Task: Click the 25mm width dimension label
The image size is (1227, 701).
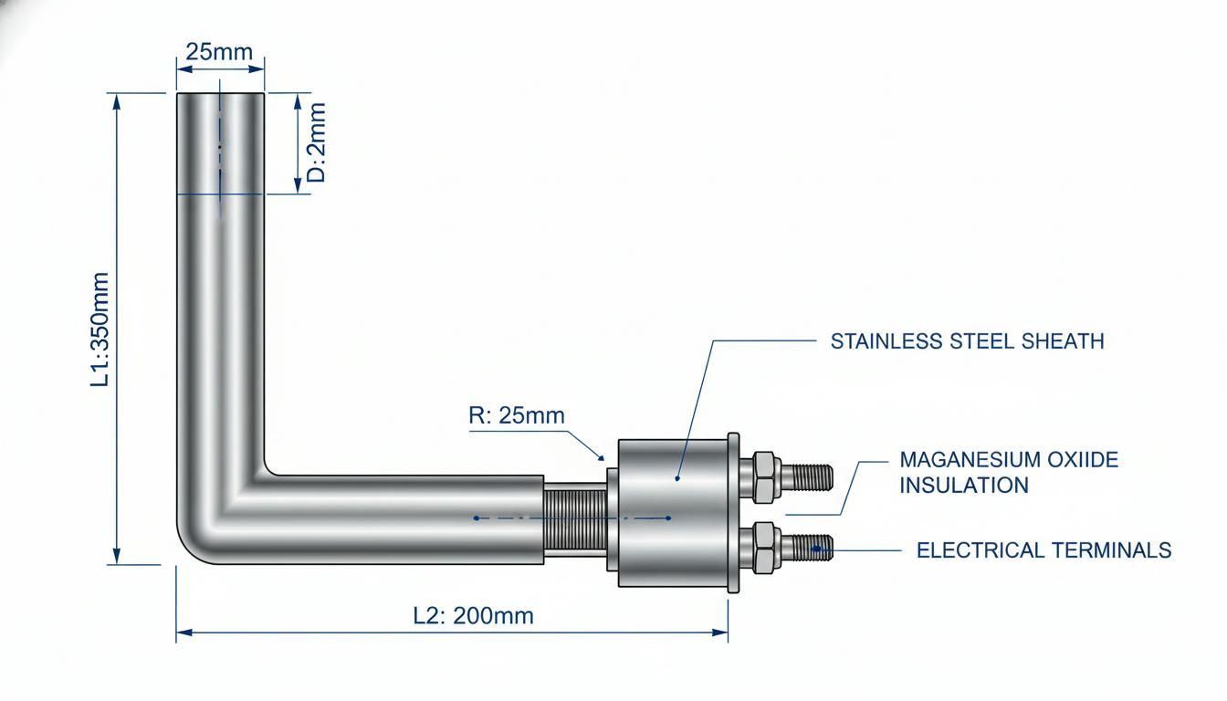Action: tap(219, 52)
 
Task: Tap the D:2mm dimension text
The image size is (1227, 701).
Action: tap(317, 142)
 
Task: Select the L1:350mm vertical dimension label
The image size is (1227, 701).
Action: tap(100, 330)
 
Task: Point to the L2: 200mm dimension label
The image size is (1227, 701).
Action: tap(473, 616)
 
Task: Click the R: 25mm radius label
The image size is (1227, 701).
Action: tap(517, 415)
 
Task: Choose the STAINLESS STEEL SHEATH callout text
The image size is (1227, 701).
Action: tap(968, 341)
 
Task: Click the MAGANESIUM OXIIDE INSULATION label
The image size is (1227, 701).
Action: tap(1009, 472)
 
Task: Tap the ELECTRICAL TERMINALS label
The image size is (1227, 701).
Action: tap(1044, 549)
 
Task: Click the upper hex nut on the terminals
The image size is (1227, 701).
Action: tap(763, 477)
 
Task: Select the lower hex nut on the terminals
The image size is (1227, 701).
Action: tap(763, 548)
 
